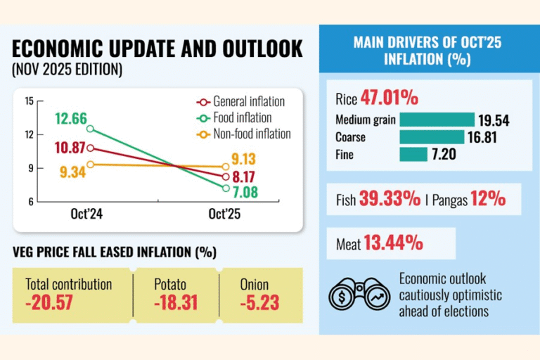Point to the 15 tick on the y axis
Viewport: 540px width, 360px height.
click(x=29, y=101)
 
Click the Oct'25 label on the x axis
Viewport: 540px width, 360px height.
click(x=225, y=216)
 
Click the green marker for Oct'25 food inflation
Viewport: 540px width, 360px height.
click(x=226, y=188)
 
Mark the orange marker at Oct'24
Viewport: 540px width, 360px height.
click(x=89, y=164)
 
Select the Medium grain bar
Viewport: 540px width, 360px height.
click(x=437, y=120)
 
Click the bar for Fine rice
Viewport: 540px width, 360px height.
click(x=413, y=154)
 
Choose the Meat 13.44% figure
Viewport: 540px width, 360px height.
click(x=392, y=243)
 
